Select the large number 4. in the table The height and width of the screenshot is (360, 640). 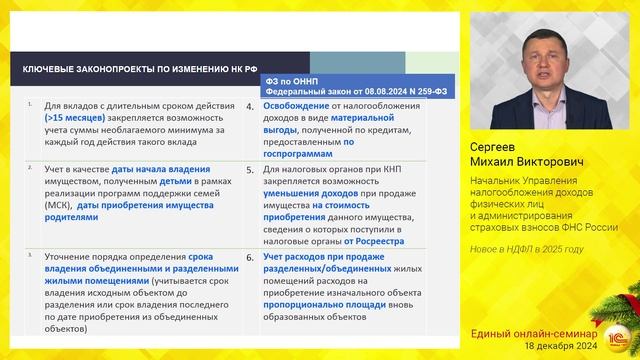click(249, 106)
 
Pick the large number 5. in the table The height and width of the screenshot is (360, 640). click(249, 171)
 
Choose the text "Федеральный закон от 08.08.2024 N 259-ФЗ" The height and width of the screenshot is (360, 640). click(346, 90)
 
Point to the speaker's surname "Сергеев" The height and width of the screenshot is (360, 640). click(499, 148)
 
